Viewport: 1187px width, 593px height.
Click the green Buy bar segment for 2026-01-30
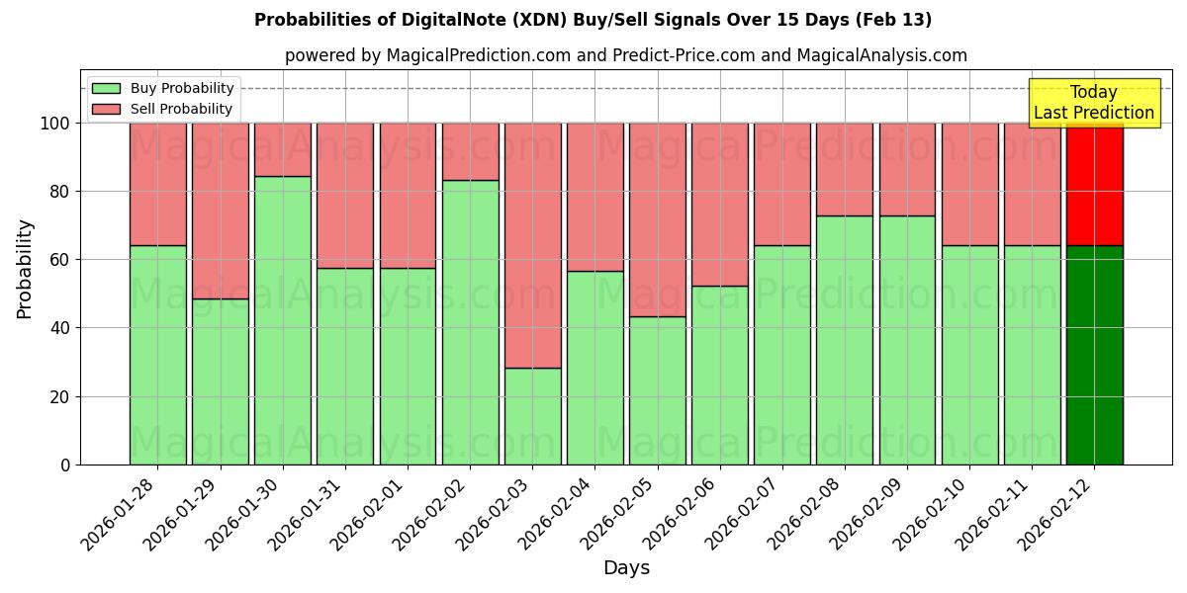tap(283, 320)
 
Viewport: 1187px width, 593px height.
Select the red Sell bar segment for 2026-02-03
tap(532, 245)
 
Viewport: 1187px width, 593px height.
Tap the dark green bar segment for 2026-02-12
tap(1094, 355)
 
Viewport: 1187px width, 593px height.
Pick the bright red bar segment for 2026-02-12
tap(1094, 184)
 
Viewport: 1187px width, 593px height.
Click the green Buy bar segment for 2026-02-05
tap(658, 390)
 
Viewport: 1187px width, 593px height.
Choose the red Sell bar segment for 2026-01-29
tap(221, 211)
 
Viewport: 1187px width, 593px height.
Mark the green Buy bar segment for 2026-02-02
tap(470, 322)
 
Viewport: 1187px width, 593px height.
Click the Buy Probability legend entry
tap(162, 88)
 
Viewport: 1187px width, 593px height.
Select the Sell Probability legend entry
tap(162, 109)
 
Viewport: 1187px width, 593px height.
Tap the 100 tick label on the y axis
tap(56, 124)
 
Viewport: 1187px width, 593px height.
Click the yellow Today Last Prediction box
tap(1093, 103)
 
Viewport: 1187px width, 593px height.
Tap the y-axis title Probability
tap(25, 269)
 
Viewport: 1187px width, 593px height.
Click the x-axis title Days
tap(626, 568)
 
